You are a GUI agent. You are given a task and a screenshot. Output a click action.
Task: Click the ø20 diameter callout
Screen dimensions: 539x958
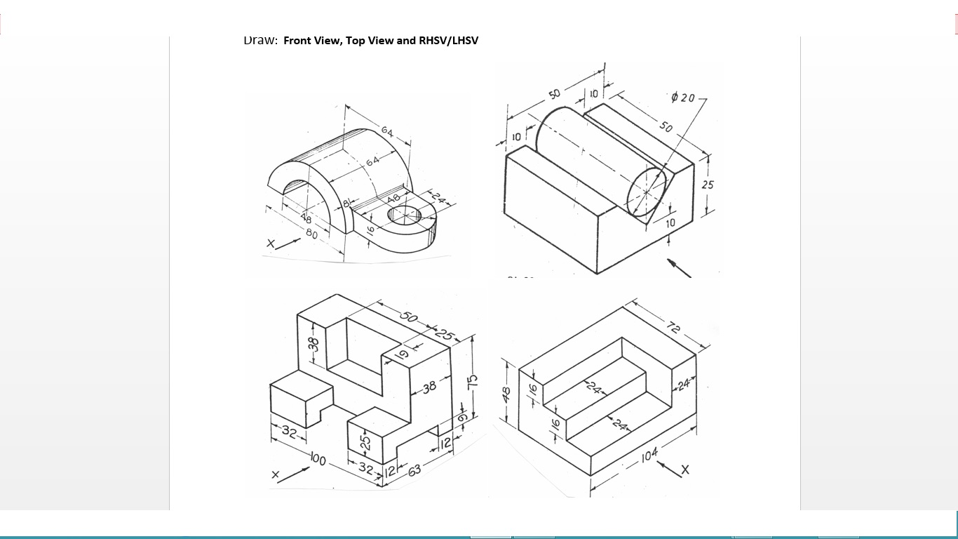click(x=682, y=98)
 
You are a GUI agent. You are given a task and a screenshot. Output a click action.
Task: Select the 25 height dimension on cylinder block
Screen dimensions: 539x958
click(x=708, y=185)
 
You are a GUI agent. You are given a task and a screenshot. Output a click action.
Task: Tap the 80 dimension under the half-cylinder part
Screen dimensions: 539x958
click(x=311, y=233)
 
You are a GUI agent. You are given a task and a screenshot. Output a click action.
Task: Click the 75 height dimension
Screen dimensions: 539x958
click(x=473, y=382)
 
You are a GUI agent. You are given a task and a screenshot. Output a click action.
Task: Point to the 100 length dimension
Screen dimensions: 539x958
click(x=318, y=460)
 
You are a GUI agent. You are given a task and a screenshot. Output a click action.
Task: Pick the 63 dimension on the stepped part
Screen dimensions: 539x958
click(x=414, y=470)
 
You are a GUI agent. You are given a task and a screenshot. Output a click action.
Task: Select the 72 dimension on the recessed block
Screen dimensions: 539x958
click(x=674, y=326)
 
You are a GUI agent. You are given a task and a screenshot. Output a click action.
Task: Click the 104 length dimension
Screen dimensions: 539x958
click(x=649, y=455)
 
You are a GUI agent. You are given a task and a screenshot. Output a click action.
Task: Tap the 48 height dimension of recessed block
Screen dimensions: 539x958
click(x=506, y=394)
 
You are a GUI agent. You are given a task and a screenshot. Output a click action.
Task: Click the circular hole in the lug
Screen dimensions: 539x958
click(x=405, y=214)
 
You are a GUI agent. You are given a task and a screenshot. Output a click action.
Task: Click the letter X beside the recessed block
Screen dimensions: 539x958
click(x=685, y=470)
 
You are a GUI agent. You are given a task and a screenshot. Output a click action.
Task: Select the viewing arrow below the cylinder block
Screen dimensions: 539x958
click(x=678, y=267)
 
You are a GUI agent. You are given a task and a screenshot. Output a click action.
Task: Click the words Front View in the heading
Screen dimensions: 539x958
click(x=312, y=40)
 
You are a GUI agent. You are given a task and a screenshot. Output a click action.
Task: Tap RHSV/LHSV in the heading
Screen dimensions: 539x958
click(x=448, y=40)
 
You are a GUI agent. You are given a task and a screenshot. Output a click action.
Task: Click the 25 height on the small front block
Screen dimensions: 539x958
click(x=365, y=443)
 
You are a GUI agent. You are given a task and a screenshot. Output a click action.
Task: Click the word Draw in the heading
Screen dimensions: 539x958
click(x=260, y=40)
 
